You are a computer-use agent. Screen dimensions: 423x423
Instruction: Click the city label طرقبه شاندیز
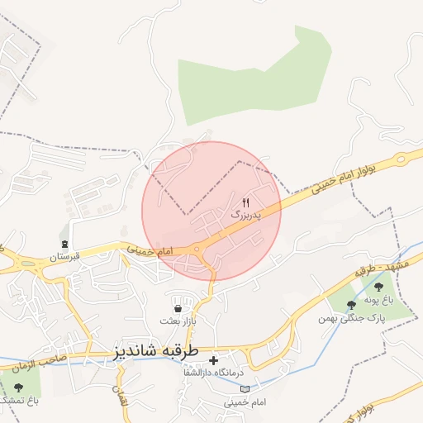[155, 351]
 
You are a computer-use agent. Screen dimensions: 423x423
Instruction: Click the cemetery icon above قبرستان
[64, 244]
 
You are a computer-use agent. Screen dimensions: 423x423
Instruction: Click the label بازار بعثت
[178, 320]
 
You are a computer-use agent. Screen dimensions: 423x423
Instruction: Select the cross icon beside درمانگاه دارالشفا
[213, 360]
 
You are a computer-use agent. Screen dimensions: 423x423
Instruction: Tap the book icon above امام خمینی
[232, 387]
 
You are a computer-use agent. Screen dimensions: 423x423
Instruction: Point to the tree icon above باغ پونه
[378, 287]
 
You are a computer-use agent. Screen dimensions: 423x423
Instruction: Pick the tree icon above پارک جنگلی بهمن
[352, 305]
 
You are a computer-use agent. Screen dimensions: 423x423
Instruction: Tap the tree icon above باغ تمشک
[18, 387]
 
